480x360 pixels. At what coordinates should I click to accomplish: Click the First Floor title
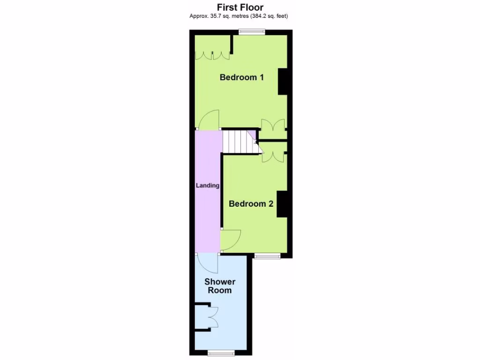tap(240, 7)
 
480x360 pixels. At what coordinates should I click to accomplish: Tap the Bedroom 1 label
tap(241, 77)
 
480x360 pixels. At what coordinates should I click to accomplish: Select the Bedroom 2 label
tap(251, 204)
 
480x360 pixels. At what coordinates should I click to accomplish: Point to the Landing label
tap(208, 186)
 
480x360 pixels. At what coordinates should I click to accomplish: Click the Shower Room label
tap(220, 286)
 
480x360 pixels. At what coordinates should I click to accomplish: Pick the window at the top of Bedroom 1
tap(251, 32)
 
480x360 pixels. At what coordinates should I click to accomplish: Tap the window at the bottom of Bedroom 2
tap(267, 256)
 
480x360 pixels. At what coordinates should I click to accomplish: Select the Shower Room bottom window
tap(221, 352)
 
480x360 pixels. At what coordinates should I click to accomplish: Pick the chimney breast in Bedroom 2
tap(282, 204)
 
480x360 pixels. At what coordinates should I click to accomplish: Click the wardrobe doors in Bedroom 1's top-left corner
tap(213, 55)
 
